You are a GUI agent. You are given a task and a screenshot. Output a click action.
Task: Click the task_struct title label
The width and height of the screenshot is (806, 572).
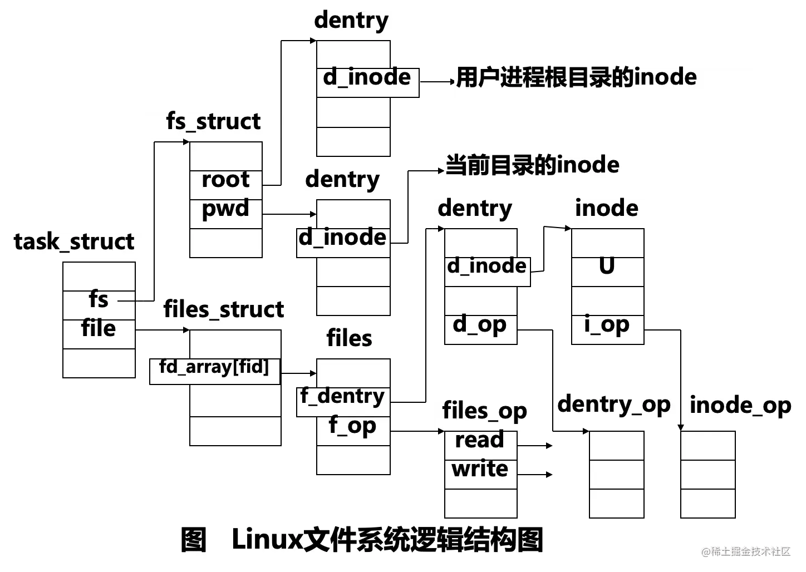coord(74,243)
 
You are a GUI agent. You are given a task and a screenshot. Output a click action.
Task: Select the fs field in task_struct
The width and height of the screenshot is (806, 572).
coord(99,300)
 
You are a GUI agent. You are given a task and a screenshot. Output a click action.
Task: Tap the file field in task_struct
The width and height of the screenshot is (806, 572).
coord(99,329)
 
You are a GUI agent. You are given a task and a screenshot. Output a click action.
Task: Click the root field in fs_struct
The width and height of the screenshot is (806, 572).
coord(225,180)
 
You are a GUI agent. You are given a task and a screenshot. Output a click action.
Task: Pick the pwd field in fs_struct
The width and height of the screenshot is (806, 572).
coord(225,209)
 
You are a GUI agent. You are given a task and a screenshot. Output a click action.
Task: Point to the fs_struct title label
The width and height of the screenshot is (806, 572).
coord(213,122)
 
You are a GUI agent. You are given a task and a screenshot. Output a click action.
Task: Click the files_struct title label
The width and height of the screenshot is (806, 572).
coord(224,310)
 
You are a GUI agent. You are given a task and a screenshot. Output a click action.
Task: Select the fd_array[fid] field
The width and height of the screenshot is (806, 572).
coord(214,367)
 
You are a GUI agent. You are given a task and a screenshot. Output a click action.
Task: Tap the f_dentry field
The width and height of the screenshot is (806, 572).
coord(342,396)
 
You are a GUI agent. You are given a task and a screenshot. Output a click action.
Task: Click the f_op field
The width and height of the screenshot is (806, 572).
coord(352,426)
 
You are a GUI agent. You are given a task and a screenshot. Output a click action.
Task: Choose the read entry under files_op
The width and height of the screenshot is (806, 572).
coord(479,440)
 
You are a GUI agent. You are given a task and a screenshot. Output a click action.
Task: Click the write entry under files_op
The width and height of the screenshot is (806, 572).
coord(480,469)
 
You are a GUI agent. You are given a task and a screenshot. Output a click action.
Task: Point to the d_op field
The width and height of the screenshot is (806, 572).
coord(480,324)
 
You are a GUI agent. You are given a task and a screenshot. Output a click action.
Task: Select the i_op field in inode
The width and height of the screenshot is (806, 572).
coord(607,324)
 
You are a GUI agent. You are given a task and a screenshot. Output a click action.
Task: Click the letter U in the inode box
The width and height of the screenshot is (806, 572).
coord(607,267)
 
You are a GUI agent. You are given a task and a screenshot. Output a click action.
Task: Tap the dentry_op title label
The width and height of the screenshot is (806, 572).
coord(615,406)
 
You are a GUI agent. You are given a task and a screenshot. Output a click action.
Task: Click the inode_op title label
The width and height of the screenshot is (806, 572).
coord(740,406)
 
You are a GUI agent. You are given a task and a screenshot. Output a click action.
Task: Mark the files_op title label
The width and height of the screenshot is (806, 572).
coord(485,412)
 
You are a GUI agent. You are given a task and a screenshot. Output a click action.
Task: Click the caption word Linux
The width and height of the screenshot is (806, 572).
coord(266,540)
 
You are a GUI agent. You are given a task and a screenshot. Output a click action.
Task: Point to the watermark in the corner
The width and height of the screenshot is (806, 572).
coord(746,551)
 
